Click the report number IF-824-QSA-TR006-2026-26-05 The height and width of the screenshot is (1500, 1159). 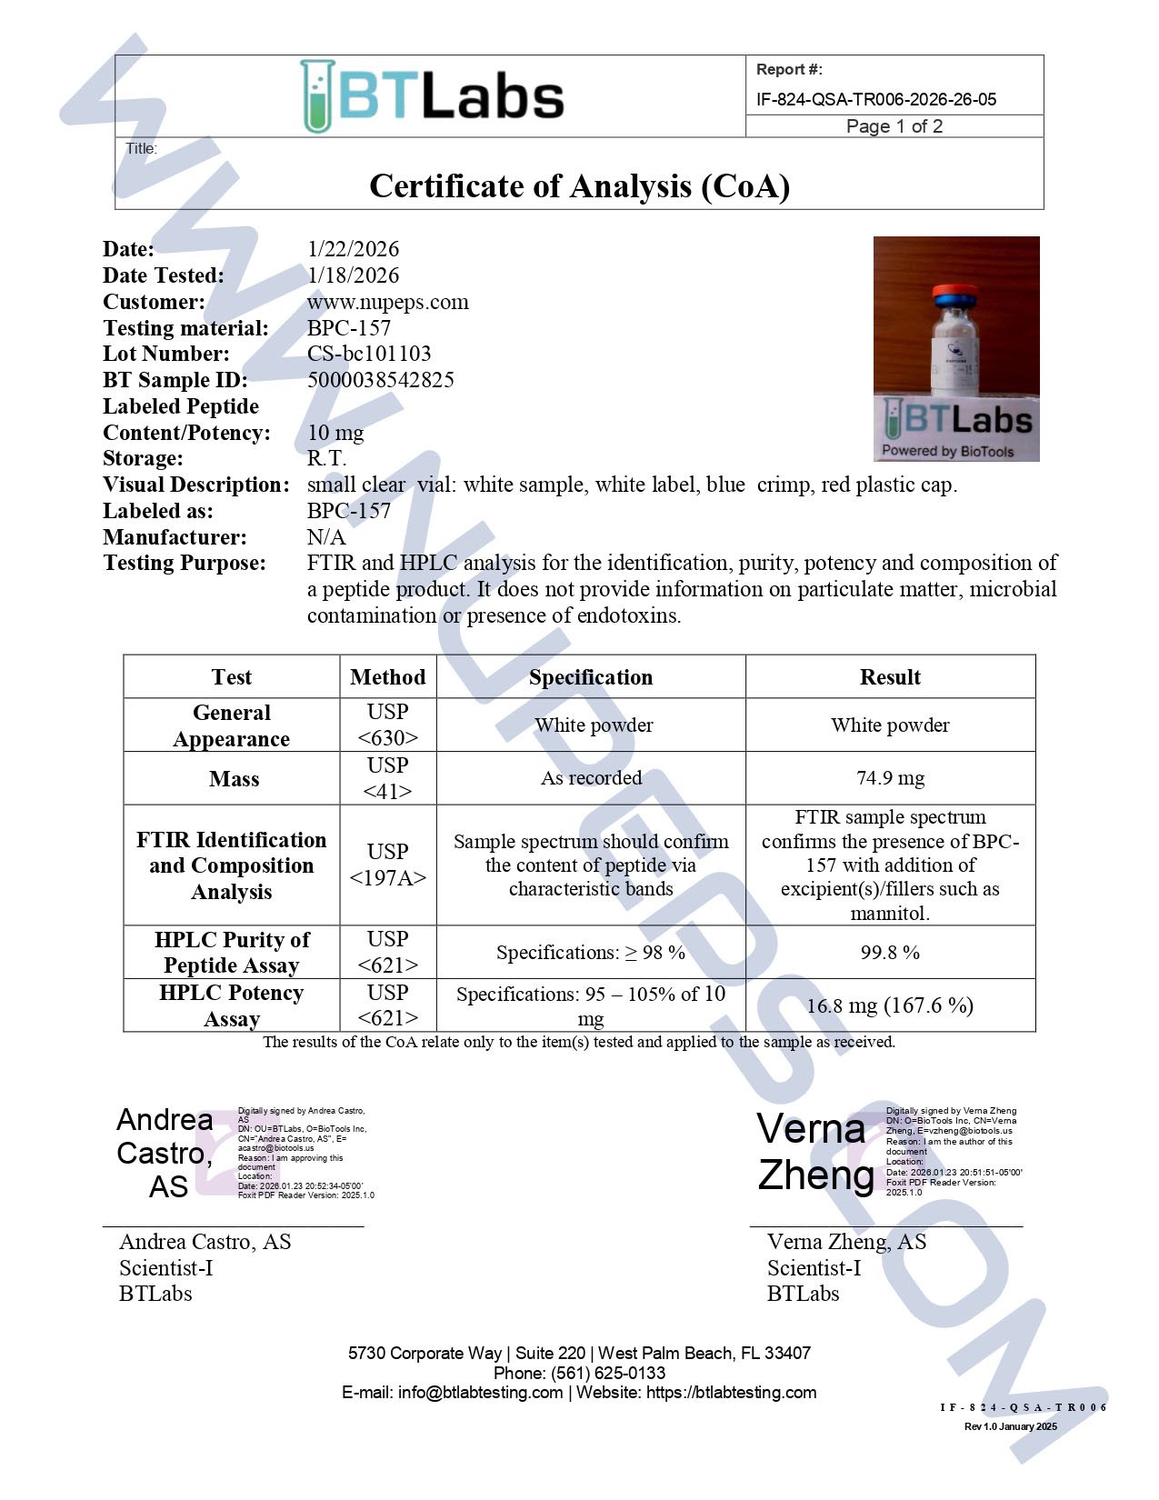(x=875, y=99)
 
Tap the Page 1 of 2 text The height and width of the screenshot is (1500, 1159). (x=894, y=126)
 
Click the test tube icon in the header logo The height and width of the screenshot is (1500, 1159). (x=317, y=96)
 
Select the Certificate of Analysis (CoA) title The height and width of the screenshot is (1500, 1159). (x=579, y=186)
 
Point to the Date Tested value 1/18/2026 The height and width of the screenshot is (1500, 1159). (x=353, y=275)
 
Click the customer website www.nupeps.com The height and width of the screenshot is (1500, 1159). (x=387, y=302)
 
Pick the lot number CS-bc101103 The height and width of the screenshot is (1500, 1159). (x=368, y=354)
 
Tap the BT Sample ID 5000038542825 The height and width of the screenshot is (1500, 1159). (x=380, y=380)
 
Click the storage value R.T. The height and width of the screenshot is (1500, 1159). (x=326, y=458)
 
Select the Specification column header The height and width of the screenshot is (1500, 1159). (x=591, y=677)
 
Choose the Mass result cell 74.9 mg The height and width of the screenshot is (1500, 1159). (x=890, y=778)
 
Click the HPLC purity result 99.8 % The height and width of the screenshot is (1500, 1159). (x=890, y=953)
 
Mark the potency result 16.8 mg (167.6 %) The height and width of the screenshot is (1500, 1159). (x=890, y=1005)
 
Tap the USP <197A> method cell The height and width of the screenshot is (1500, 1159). (x=387, y=865)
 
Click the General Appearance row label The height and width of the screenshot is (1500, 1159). (x=232, y=725)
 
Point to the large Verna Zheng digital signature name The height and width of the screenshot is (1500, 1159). (x=814, y=1152)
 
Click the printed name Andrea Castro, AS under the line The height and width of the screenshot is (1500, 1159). (x=205, y=1242)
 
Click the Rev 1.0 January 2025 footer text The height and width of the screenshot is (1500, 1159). (x=1010, y=1426)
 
